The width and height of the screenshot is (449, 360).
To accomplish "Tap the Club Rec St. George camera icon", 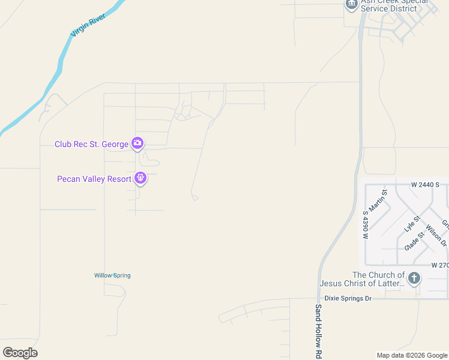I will pyautogui.click(x=138, y=143).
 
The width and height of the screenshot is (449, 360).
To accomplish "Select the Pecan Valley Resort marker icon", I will pyautogui.click(x=140, y=178).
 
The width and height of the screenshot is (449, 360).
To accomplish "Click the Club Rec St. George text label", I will pyautogui.click(x=91, y=144).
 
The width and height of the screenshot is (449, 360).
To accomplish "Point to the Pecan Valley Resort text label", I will pyautogui.click(x=94, y=179).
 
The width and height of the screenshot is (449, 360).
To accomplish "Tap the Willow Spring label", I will pyautogui.click(x=112, y=275).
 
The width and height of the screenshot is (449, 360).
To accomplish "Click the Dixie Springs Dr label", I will pyautogui.click(x=348, y=298).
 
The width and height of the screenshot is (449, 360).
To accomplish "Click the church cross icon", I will pyautogui.click(x=414, y=278).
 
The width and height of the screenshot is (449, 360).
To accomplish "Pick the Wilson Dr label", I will pyautogui.click(x=436, y=235).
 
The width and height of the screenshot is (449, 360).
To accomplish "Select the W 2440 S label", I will pyautogui.click(x=425, y=185).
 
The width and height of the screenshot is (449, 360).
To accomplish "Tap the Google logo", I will pyautogui.click(x=20, y=353).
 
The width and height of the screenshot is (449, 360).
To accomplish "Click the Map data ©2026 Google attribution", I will pyautogui.click(x=412, y=355).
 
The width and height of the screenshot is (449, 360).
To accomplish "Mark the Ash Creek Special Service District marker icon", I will pyautogui.click(x=351, y=4).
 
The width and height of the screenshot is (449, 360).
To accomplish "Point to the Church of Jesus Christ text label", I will pyautogui.click(x=361, y=279).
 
